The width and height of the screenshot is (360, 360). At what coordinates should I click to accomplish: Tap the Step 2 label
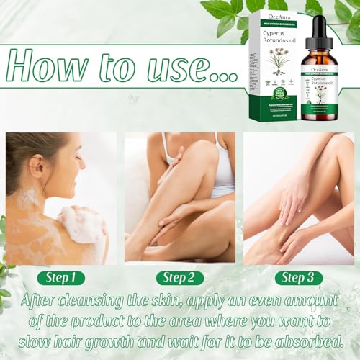[x=179, y=277]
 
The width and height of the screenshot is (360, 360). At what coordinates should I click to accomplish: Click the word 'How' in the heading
[x=54, y=68]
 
